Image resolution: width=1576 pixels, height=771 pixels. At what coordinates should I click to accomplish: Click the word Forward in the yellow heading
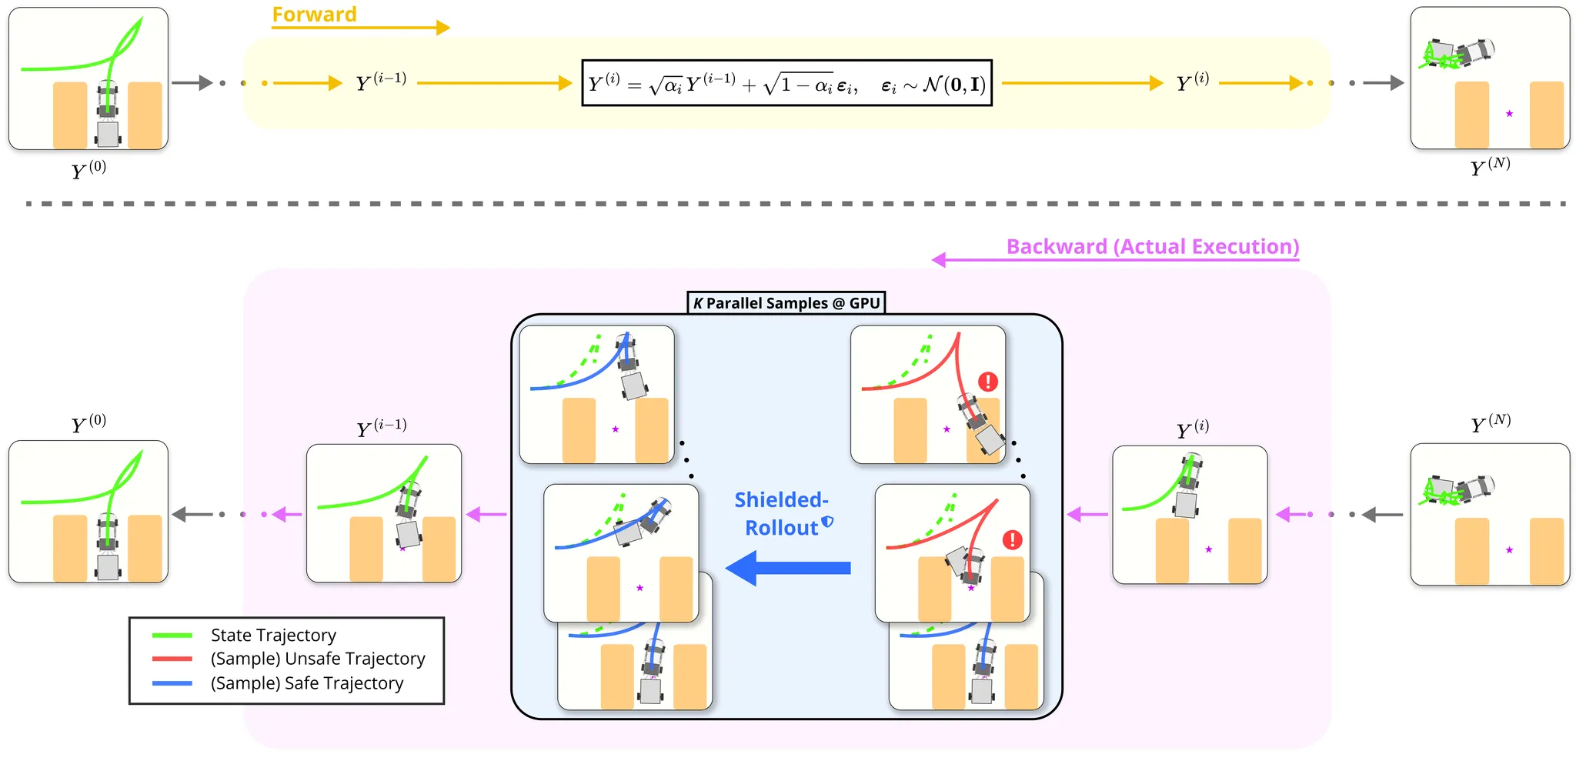point(314,15)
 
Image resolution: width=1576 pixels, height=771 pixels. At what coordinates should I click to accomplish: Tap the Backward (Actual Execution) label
point(1152,246)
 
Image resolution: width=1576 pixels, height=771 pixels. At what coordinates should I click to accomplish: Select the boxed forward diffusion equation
point(786,83)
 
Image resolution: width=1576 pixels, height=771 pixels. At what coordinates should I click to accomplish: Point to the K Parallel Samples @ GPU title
point(786,303)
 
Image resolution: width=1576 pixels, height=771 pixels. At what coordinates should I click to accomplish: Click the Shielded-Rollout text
point(780,513)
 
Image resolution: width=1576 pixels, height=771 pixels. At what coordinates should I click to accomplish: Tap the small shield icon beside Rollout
point(828,522)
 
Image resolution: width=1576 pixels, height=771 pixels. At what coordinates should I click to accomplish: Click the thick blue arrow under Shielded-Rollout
point(788,568)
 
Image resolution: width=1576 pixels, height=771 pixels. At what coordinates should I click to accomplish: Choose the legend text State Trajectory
point(273,635)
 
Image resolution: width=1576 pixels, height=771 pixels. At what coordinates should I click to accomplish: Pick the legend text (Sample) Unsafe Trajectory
point(318,659)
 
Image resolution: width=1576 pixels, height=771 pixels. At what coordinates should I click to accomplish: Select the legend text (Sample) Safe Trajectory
point(307,683)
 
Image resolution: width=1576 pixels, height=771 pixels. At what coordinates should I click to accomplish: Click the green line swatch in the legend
point(172,635)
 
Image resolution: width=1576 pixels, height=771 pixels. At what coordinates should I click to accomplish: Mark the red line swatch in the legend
point(172,659)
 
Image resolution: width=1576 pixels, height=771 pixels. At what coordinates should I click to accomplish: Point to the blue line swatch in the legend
point(172,683)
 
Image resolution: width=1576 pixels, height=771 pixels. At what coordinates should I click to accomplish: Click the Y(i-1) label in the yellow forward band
point(381,82)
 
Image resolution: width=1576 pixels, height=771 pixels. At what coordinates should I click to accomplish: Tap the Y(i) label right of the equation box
point(1192,82)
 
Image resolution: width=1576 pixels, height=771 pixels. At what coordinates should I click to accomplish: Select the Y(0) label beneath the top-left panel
point(88,170)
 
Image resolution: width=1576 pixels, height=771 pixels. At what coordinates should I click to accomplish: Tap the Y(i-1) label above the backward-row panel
point(381,428)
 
